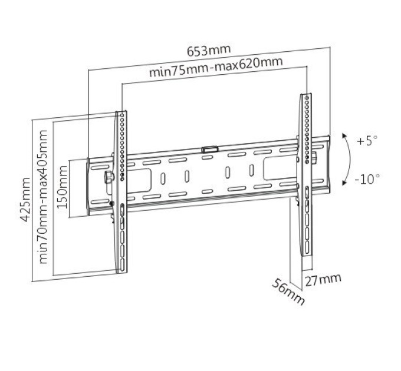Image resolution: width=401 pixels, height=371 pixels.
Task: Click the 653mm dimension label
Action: (x=209, y=50)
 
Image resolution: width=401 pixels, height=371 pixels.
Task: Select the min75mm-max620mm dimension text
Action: (x=216, y=67)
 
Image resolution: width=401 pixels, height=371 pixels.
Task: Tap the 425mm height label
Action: (x=25, y=200)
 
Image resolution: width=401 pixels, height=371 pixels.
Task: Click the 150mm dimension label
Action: (x=62, y=187)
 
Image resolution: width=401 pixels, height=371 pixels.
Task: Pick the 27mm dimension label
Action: (x=323, y=280)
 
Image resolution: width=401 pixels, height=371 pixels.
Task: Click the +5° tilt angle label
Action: (x=367, y=141)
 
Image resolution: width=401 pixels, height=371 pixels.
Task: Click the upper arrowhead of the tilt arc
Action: (x=344, y=135)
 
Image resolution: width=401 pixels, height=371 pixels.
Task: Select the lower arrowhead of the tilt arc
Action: (x=344, y=183)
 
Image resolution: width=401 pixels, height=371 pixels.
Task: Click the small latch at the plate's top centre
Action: (x=210, y=149)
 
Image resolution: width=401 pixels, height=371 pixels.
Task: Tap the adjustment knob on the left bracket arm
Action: (x=109, y=177)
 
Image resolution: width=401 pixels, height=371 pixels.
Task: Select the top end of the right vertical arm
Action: (x=306, y=94)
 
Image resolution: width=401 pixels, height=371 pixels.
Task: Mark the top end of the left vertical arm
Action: (x=121, y=112)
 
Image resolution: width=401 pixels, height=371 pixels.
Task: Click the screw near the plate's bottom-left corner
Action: (x=111, y=203)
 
